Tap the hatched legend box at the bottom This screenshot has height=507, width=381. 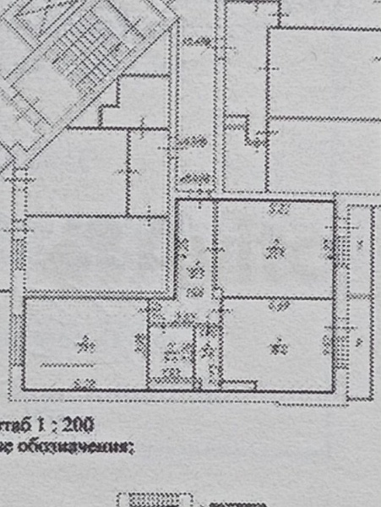coord(152,500)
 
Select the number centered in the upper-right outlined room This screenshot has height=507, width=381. coord(273,249)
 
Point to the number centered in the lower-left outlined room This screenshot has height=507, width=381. coord(84,344)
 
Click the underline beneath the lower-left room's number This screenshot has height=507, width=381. coord(68,363)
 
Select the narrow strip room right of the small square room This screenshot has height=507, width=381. coord(210,355)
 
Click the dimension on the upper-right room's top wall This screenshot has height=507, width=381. coord(274,207)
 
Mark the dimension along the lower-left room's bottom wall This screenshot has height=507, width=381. coord(82,382)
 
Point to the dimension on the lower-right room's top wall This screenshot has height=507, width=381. coord(274,306)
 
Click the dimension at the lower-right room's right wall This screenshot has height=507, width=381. coord(328,342)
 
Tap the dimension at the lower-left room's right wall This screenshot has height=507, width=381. coord(139,341)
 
